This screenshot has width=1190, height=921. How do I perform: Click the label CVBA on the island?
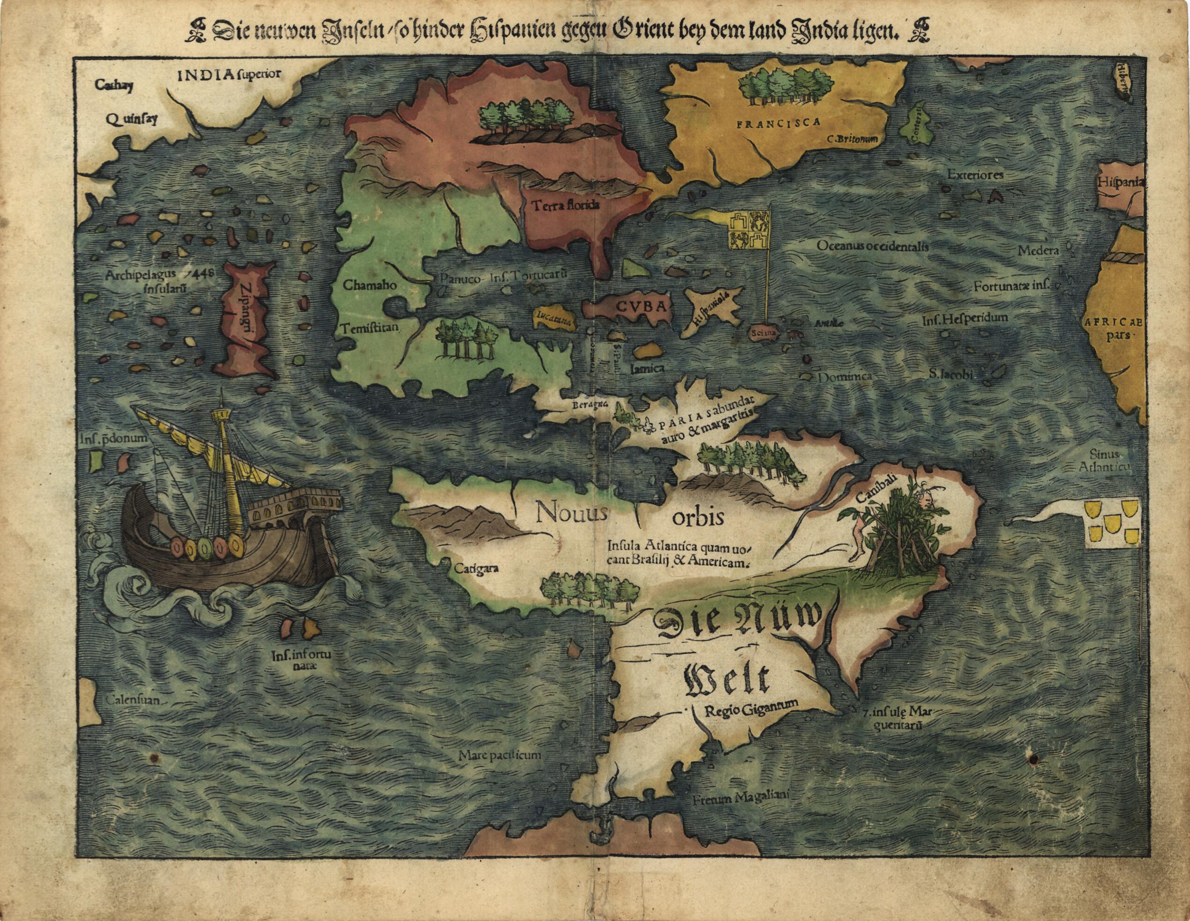pos(641,307)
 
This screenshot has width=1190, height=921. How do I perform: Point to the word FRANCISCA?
pos(778,124)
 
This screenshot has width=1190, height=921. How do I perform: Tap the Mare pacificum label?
pos(500,755)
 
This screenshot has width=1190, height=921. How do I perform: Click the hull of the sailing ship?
pos(229,567)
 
